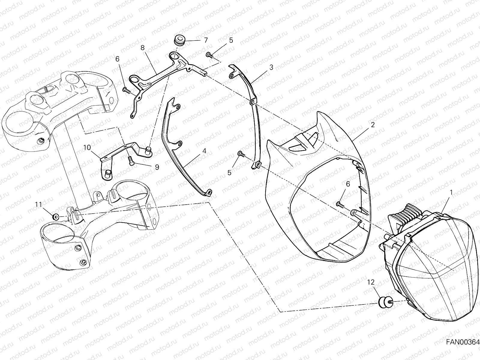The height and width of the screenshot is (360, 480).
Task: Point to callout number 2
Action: coord(373,125)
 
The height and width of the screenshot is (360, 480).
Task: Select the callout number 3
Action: coord(271,67)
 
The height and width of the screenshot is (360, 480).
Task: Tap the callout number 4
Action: coord(204,151)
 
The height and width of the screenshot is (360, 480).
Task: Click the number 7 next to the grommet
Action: coord(205,40)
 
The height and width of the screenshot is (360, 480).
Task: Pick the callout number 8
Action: coord(142,47)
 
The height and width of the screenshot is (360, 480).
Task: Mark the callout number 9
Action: coord(157,167)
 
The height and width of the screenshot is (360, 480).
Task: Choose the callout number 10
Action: coord(87,147)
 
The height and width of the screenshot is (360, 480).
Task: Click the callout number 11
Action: coord(38,204)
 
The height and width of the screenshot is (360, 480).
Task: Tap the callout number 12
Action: coord(371,282)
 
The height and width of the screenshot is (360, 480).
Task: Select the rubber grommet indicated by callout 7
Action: coord(179,40)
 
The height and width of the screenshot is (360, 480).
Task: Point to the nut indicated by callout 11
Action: coord(55,217)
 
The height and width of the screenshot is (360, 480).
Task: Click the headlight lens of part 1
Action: coord(435,264)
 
